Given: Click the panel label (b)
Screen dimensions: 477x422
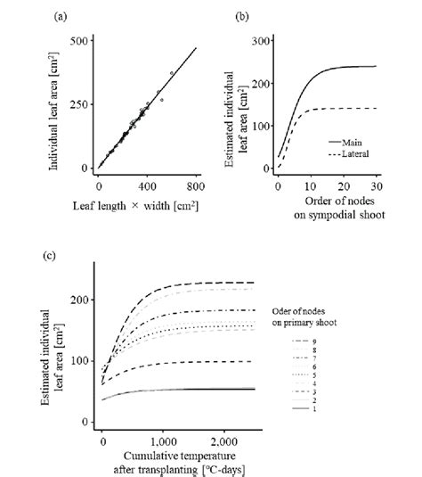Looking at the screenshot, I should tap(242, 16).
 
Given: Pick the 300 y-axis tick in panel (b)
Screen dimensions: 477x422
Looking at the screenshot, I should tap(263, 41).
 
